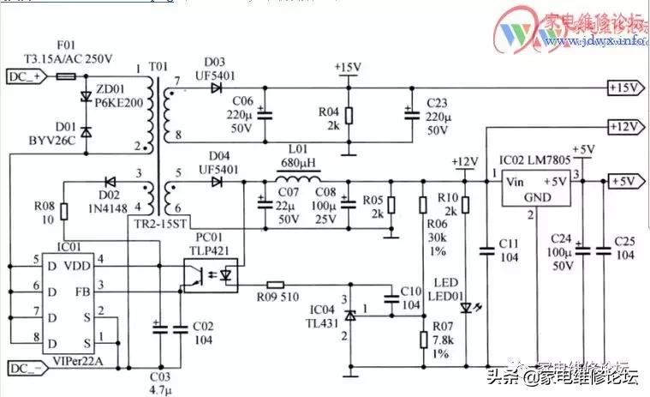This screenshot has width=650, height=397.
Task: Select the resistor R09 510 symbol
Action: click(x=276, y=284)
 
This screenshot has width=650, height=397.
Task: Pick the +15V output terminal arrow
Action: click(x=626, y=87)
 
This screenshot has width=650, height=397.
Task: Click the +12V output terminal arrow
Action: click(x=626, y=127)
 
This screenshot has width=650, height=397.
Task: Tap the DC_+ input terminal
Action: click(x=25, y=76)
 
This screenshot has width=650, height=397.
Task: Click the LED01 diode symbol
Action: click(x=465, y=307)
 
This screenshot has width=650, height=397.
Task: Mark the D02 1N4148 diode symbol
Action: click(x=110, y=181)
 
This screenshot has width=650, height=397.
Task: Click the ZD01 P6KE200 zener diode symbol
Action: click(x=86, y=97)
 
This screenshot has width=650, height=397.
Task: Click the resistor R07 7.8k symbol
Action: click(x=422, y=340)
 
